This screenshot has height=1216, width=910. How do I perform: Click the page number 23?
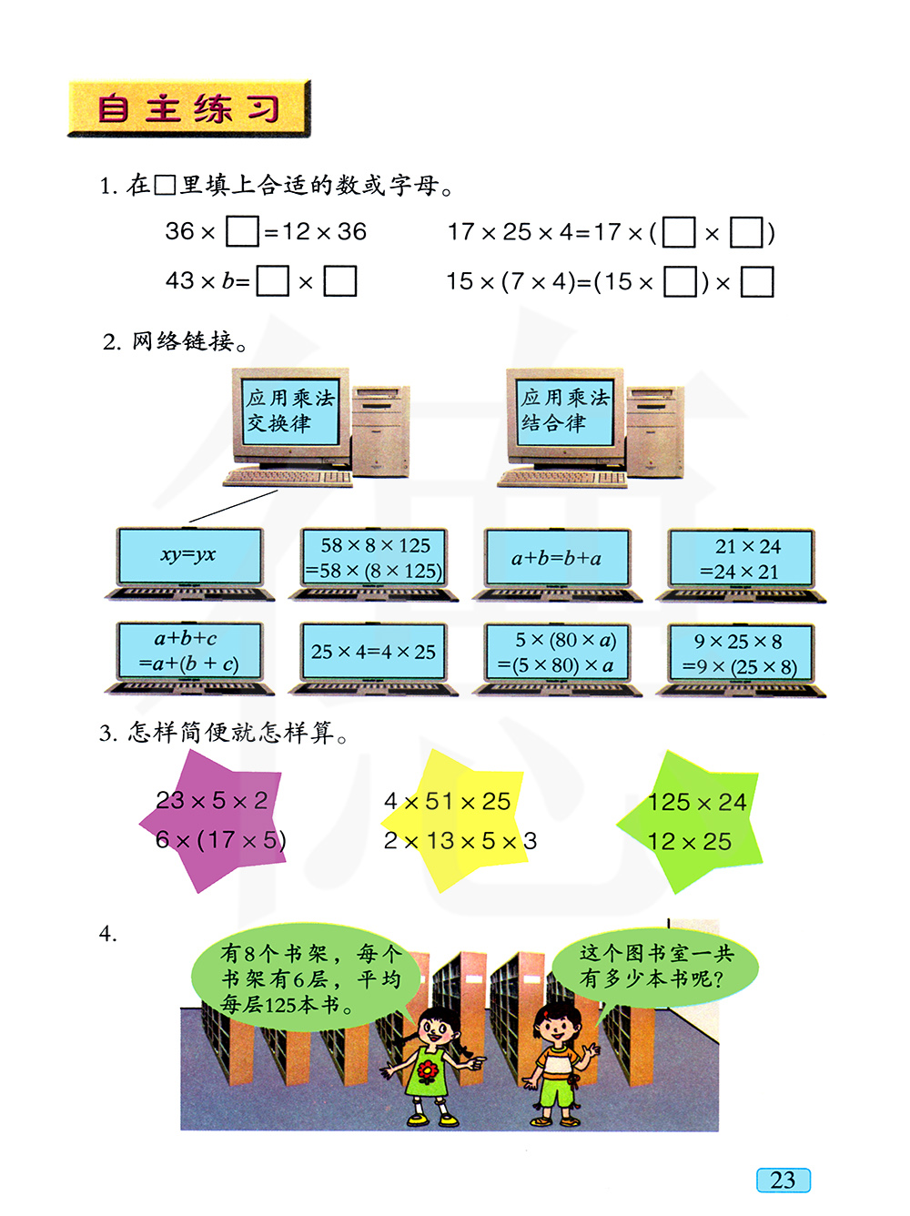point(783,1180)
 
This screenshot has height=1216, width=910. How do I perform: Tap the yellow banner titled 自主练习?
point(189,108)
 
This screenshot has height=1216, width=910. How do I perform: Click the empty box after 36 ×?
point(242,231)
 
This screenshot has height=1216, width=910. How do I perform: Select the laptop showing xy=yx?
point(189,563)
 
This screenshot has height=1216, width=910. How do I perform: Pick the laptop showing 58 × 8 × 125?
point(374,563)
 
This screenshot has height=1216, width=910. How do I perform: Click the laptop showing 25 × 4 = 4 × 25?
point(374,658)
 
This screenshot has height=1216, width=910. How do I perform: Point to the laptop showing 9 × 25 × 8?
point(741,659)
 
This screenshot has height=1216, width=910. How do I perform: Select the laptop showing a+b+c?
point(189,657)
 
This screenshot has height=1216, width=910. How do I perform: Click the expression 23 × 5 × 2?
point(212,800)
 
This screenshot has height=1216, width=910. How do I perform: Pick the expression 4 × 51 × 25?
point(448,801)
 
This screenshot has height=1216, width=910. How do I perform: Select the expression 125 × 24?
point(697,802)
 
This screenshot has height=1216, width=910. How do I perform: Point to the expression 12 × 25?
point(690,842)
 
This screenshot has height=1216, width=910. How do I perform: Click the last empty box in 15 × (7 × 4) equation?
point(757,282)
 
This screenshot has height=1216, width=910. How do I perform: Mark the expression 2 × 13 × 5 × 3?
point(460,841)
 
